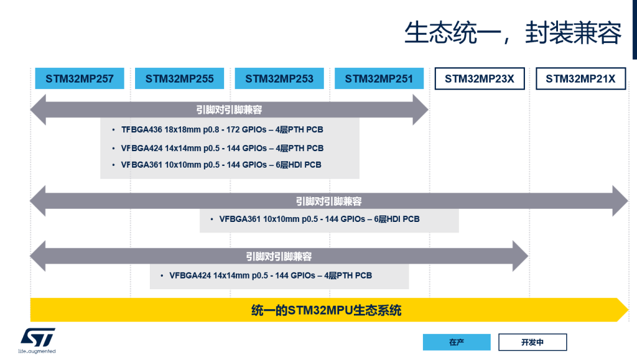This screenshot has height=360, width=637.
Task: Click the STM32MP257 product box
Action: tap(80, 78)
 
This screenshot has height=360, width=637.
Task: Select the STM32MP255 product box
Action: tap(179, 78)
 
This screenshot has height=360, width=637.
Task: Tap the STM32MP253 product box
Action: tap(279, 78)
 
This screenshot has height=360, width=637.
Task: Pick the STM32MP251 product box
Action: tap(379, 78)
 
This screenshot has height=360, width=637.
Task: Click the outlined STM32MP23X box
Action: tap(479, 78)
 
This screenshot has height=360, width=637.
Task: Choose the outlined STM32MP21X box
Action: tap(580, 78)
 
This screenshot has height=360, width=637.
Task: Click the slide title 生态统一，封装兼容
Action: tap(513, 33)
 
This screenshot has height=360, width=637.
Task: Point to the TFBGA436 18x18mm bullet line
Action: tap(222, 130)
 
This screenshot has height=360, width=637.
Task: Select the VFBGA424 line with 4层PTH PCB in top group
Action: tap(222, 148)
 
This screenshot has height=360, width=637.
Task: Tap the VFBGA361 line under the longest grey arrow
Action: tap(319, 219)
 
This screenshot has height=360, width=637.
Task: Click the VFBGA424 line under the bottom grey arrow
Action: tap(270, 276)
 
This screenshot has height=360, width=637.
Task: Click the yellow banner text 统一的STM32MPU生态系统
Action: tap(326, 310)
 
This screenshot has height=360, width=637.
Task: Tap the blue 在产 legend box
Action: tap(457, 342)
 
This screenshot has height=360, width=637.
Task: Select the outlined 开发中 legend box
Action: tap(532, 342)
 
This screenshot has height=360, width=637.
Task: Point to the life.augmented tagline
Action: tap(37, 352)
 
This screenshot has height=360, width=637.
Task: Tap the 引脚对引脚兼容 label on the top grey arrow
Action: tap(229, 110)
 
